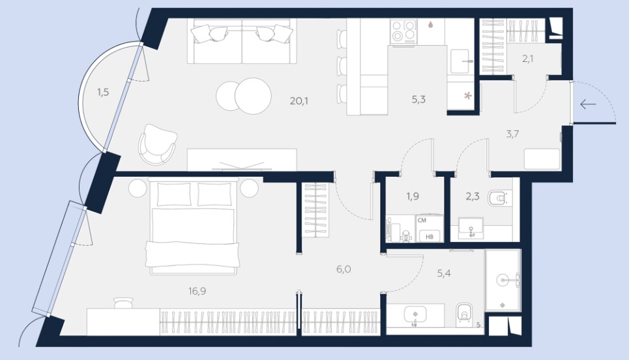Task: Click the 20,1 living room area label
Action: pyautogui.click(x=299, y=100)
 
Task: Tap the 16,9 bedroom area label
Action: pyautogui.click(x=197, y=291)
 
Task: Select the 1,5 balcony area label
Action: pyautogui.click(x=103, y=93)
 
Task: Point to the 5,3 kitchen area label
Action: pyautogui.click(x=418, y=100)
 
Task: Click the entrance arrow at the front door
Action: pyautogui.click(x=588, y=105)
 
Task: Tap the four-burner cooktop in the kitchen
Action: pyautogui.click(x=403, y=31)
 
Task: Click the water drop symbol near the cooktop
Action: pyautogui.click(x=430, y=25)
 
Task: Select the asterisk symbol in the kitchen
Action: pyautogui.click(x=468, y=96)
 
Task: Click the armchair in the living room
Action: pyautogui.click(x=157, y=145)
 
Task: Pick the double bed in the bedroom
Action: pyautogui.click(x=193, y=226)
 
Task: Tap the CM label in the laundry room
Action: pyautogui.click(x=422, y=220)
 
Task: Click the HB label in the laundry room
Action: pyautogui.click(x=430, y=236)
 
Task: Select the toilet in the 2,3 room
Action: pyautogui.click(x=499, y=198)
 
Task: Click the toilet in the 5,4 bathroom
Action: pyautogui.click(x=464, y=312)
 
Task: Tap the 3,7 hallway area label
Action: pyautogui.click(x=512, y=134)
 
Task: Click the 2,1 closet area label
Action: pyautogui.click(x=527, y=59)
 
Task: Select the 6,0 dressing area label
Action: pyautogui.click(x=344, y=269)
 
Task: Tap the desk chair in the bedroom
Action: pyautogui.click(x=123, y=303)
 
